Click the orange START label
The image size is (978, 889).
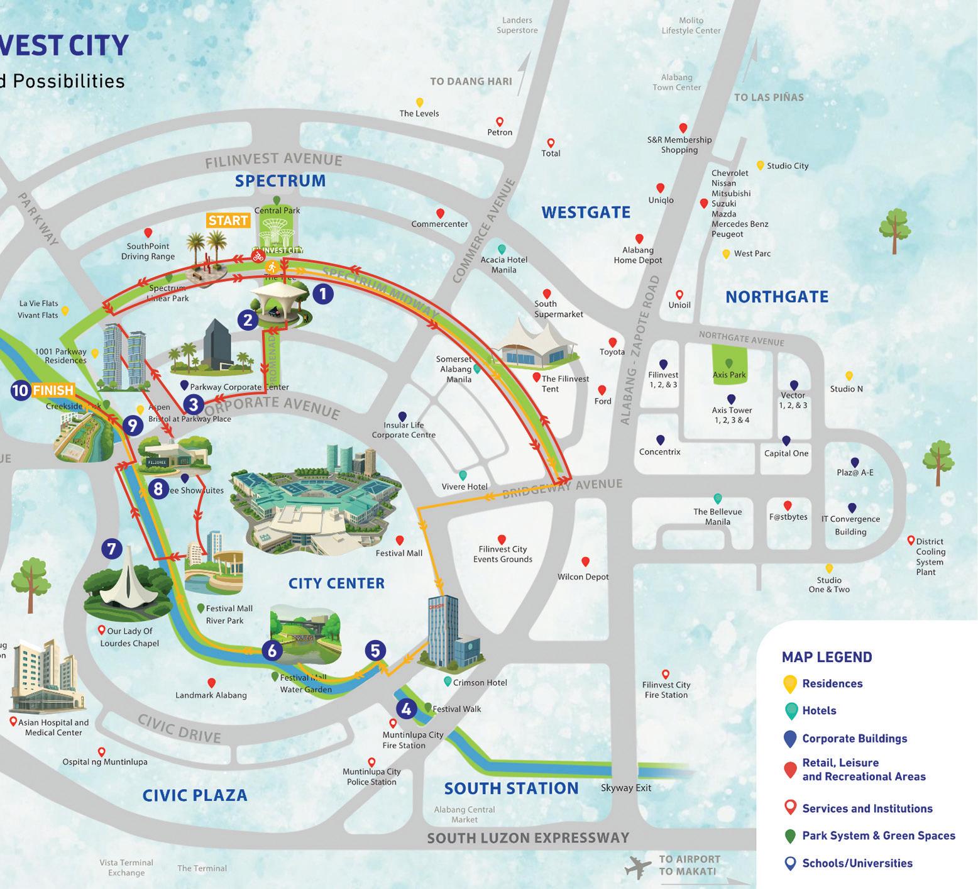(x=228, y=221)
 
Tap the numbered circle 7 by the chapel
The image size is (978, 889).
(x=111, y=549)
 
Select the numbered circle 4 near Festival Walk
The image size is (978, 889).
(x=406, y=709)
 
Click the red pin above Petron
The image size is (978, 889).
(x=500, y=122)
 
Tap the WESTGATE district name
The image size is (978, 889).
(x=586, y=213)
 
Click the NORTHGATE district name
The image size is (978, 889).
(x=777, y=297)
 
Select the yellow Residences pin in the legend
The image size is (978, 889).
(x=790, y=684)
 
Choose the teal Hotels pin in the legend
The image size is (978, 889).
(x=790, y=711)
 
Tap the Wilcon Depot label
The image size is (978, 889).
(x=583, y=577)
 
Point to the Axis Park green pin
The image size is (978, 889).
(x=729, y=364)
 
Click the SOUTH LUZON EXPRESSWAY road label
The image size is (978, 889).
(x=528, y=837)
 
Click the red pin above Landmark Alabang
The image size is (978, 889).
(x=212, y=683)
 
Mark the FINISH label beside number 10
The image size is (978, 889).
(x=53, y=390)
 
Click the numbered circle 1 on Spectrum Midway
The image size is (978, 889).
(x=322, y=294)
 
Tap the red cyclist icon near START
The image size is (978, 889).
(x=258, y=256)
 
